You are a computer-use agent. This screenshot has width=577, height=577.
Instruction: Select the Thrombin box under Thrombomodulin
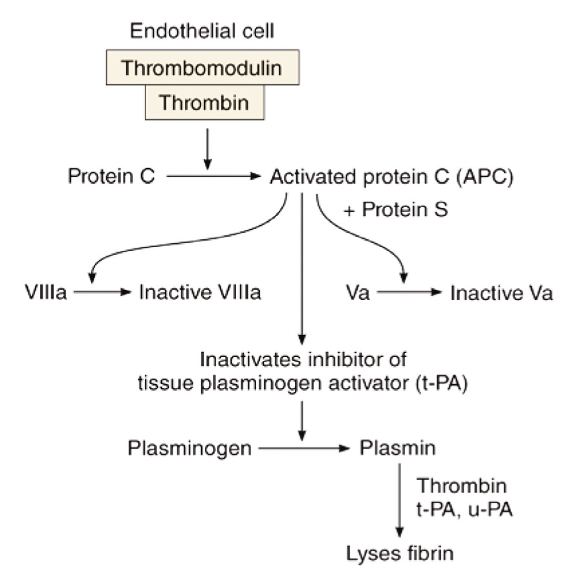pyautogui.click(x=205, y=102)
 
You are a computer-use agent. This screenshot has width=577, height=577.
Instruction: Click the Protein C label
pyautogui.click(x=111, y=176)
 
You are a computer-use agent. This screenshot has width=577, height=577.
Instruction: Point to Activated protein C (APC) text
pyautogui.click(x=391, y=176)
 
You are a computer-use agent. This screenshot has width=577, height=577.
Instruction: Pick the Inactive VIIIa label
pyautogui.click(x=200, y=293)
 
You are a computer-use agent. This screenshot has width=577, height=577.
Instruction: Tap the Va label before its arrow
pyautogui.click(x=358, y=293)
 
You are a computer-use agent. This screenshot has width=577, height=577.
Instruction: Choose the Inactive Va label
pyautogui.click(x=501, y=293)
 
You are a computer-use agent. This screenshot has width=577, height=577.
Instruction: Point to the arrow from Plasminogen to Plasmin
pyautogui.click(x=303, y=447)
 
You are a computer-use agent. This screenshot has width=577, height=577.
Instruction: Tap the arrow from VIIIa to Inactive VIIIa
pyautogui.click(x=102, y=293)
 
